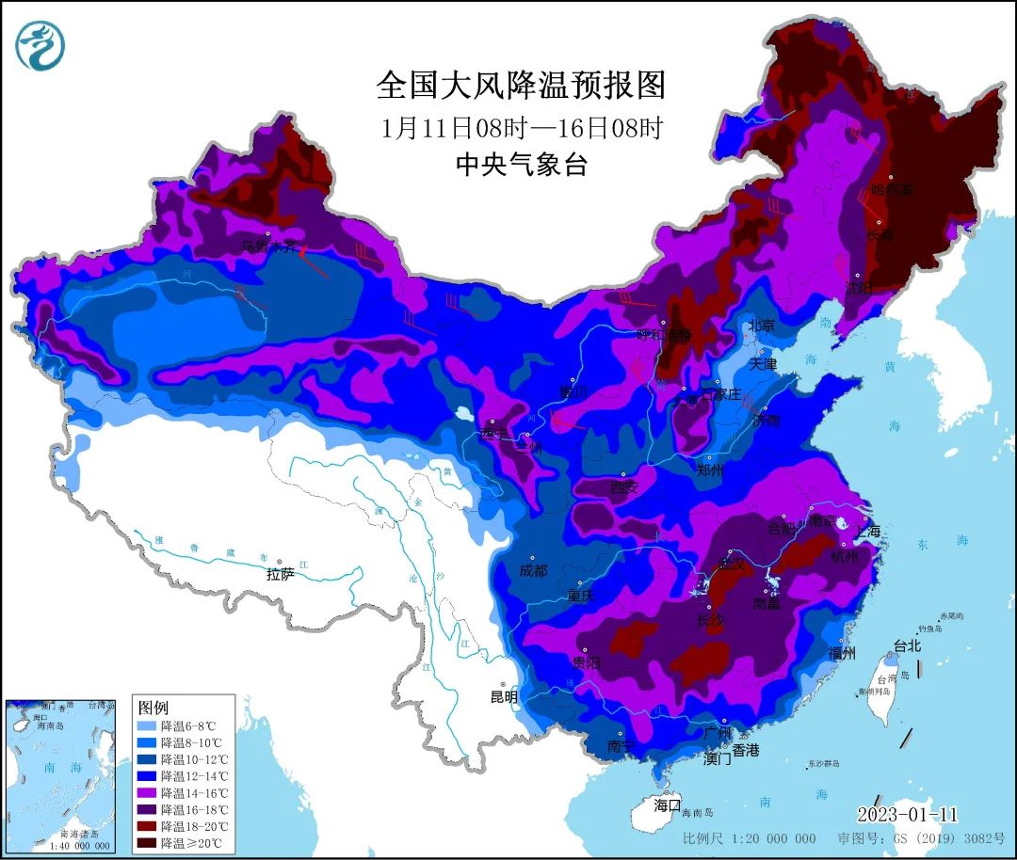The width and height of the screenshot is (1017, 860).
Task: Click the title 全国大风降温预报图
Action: click(521, 86)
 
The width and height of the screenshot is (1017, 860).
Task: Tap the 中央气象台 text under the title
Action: click(521, 166)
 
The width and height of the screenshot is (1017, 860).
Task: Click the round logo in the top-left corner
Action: click(40, 44)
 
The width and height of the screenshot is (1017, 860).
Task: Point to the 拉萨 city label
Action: click(281, 573)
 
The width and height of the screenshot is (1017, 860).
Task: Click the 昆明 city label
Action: click(504, 697)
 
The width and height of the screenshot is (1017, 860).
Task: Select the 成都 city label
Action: click(533, 569)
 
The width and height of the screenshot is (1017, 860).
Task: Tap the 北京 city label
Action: click(761, 326)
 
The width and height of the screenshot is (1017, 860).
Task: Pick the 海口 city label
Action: click(667, 804)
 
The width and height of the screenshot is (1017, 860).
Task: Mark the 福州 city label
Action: click(843, 653)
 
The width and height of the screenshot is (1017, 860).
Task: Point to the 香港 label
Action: click(746, 750)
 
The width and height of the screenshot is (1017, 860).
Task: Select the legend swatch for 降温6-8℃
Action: click(146, 726)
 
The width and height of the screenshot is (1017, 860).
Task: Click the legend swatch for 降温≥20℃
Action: click(146, 842)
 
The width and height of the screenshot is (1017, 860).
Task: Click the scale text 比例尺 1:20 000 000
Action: click(750, 838)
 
